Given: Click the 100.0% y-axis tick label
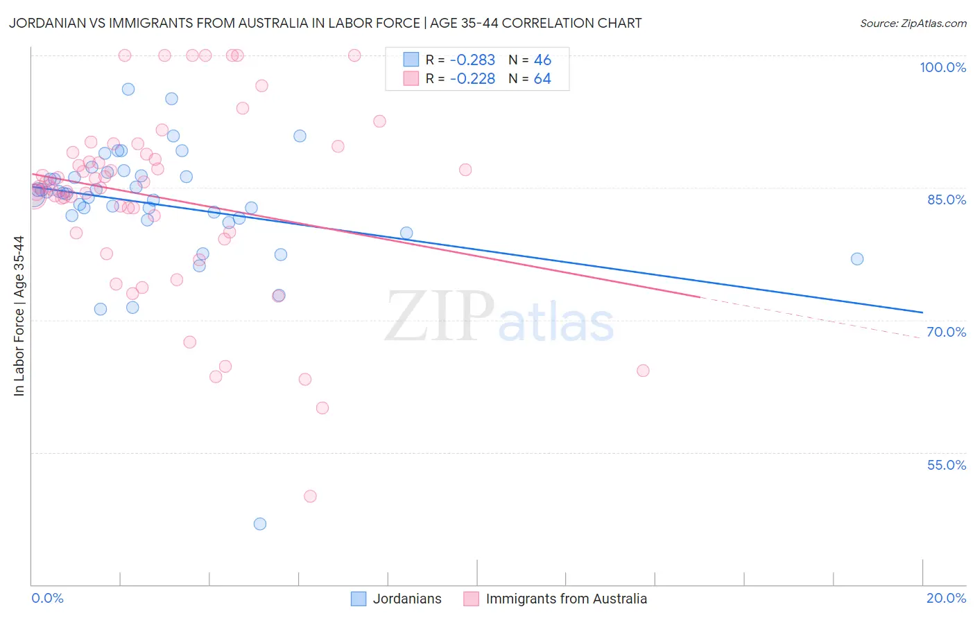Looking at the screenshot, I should pyautogui.click(x=942, y=67).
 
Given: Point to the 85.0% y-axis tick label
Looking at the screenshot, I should pyautogui.click(x=946, y=200).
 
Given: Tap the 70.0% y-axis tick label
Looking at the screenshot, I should pyautogui.click(x=946, y=332).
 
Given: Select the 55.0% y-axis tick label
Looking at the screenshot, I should pyautogui.click(x=946, y=465).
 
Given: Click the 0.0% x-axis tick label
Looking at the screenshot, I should pyautogui.click(x=47, y=598).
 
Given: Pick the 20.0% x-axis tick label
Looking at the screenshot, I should pyautogui.click(x=946, y=598).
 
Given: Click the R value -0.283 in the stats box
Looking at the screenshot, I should pyautogui.click(x=472, y=60).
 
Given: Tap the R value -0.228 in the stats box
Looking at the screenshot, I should pyautogui.click(x=472, y=79).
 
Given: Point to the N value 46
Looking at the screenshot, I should pyautogui.click(x=542, y=60).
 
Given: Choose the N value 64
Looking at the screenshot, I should pyautogui.click(x=542, y=79).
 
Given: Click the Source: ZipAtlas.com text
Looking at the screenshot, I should pyautogui.click(x=913, y=24).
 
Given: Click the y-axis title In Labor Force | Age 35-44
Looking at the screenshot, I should pyautogui.click(x=19, y=316).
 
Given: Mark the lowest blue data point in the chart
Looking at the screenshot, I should pyautogui.click(x=260, y=524).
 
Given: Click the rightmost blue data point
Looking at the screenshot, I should pyautogui.click(x=857, y=259).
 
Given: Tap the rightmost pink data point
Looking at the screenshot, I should pyautogui.click(x=643, y=371).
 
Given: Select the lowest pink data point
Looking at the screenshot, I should pyautogui.click(x=310, y=496).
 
